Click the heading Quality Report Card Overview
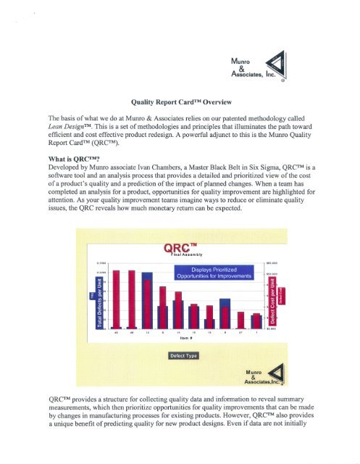click(x=179, y=104)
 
